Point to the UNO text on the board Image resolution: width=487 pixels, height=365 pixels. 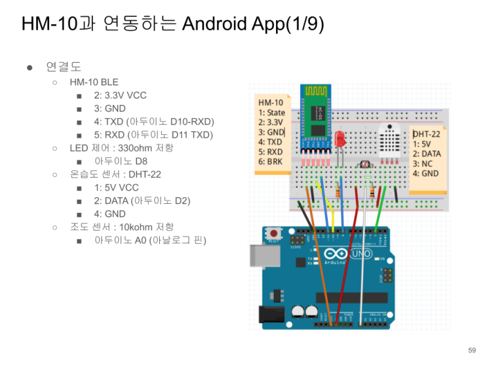click(359, 254)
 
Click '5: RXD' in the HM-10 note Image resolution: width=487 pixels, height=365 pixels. click(271, 151)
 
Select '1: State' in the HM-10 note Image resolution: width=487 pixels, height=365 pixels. click(272, 113)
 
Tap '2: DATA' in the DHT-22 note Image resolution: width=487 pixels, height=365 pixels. click(427, 153)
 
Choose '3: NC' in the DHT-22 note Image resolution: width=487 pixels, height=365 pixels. click(423, 163)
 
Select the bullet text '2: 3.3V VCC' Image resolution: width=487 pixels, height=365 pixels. click(120, 95)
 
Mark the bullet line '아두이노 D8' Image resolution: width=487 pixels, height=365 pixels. click(121, 161)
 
